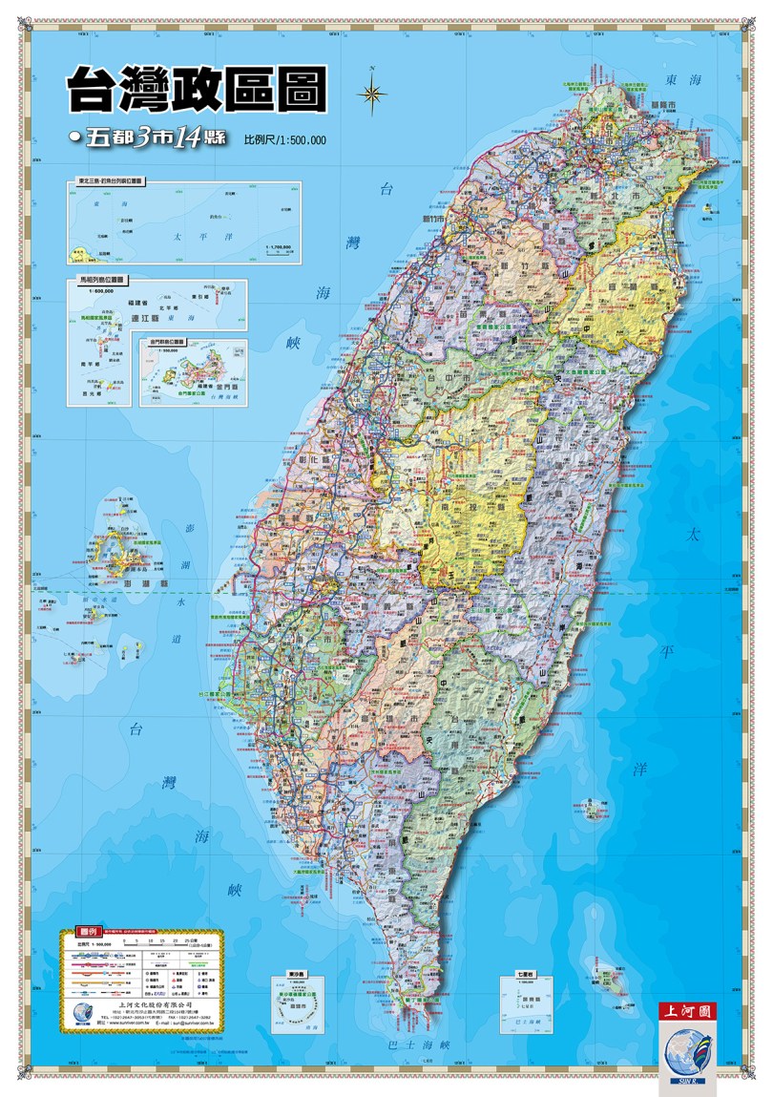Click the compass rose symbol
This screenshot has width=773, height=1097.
coord(372,93)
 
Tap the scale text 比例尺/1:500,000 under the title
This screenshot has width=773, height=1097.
coord(285,139)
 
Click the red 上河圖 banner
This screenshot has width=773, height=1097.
coord(686,1010)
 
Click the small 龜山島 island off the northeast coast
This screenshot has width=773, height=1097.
coord(709,207)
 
